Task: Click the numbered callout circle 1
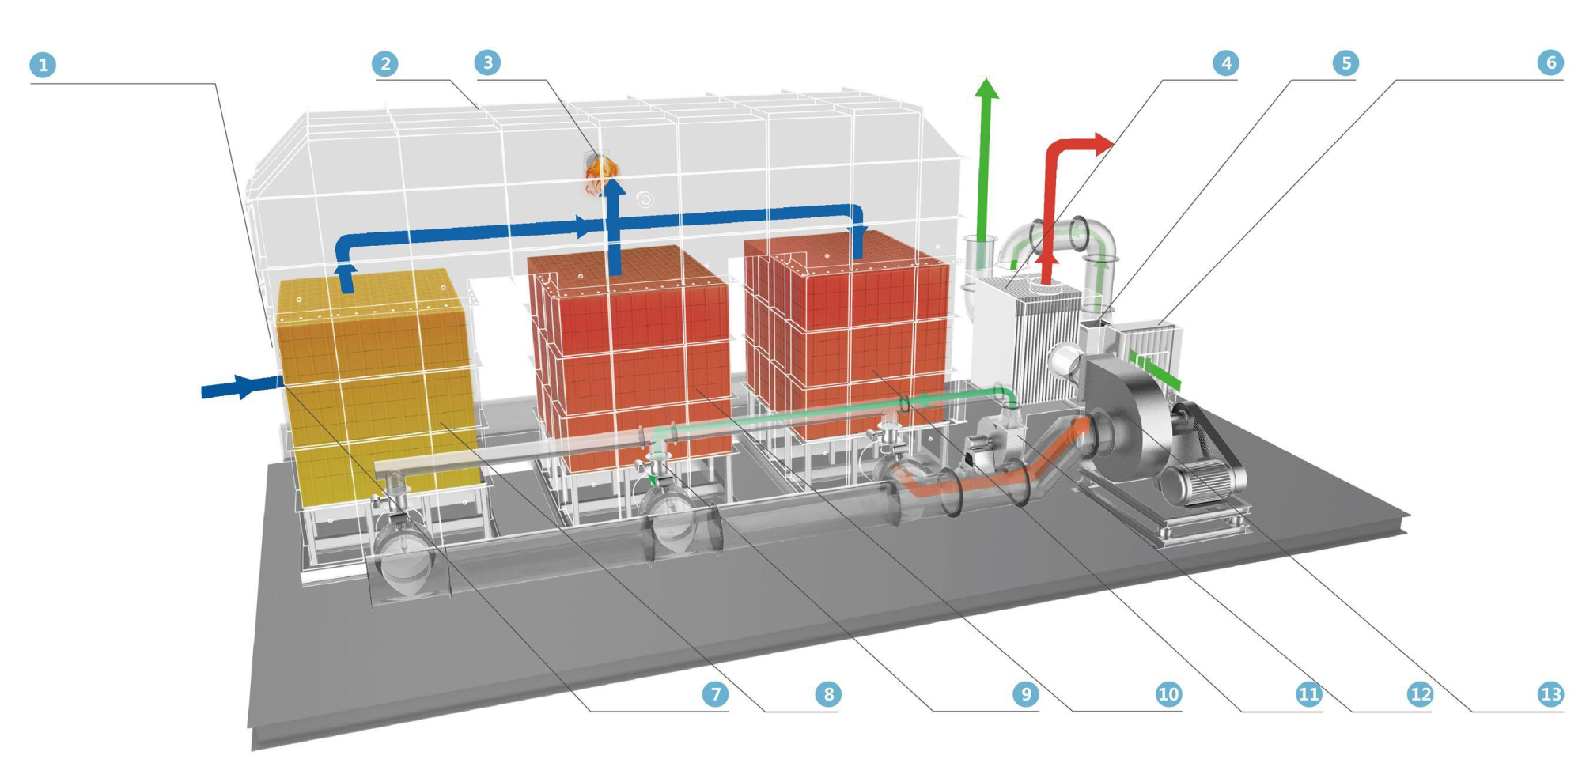(43, 65)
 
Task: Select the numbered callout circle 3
(487, 62)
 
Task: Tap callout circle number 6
(1550, 62)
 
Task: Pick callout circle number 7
(715, 694)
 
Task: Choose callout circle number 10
(1168, 694)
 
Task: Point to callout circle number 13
(1550, 694)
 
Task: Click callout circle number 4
(1225, 63)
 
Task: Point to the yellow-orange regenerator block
(376, 380)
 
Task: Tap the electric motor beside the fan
(1202, 478)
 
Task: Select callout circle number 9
(1025, 694)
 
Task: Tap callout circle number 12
(1420, 694)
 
